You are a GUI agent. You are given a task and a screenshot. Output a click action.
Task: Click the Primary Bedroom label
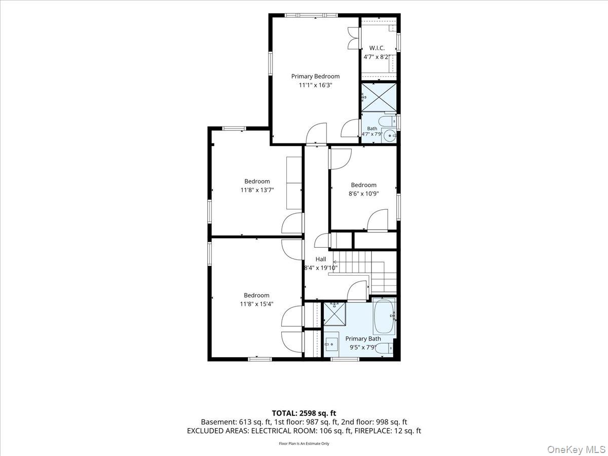pos(315,76)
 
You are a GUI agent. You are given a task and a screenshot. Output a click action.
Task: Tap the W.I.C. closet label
pos(377,48)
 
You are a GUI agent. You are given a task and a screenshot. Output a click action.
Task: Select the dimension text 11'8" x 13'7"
pos(257,190)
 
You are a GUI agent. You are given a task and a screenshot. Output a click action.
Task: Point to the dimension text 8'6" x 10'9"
pos(363,194)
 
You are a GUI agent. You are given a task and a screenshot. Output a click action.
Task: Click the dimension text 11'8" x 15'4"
pos(256,304)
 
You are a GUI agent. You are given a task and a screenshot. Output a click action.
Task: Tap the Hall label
pos(321,259)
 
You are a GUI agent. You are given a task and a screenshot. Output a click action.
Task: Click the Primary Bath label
pos(363,338)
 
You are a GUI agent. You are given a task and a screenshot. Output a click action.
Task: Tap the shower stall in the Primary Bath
pos(334,314)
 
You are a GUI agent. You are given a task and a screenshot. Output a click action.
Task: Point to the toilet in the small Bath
pos(387,121)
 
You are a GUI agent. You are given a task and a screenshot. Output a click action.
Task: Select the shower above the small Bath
pos(379,97)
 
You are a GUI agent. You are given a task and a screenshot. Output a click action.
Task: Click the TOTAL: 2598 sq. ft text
pos(304,413)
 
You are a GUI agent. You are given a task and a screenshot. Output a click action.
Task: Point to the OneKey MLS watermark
pos(576,449)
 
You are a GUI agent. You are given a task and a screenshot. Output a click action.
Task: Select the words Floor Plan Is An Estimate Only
pos(304,443)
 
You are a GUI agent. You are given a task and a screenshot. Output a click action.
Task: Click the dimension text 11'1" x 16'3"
pos(315,85)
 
